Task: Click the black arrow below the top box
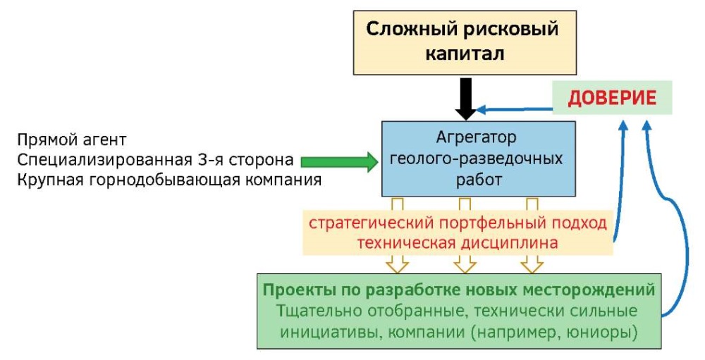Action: point(466,99)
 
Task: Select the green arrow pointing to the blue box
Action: point(341,161)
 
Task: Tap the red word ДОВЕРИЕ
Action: point(612,98)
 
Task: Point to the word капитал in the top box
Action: point(465,53)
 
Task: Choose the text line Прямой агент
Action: point(71,139)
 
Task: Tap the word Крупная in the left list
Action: point(50,180)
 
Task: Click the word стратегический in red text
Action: point(371,223)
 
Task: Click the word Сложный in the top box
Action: point(405,29)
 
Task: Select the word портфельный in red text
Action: point(489,223)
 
